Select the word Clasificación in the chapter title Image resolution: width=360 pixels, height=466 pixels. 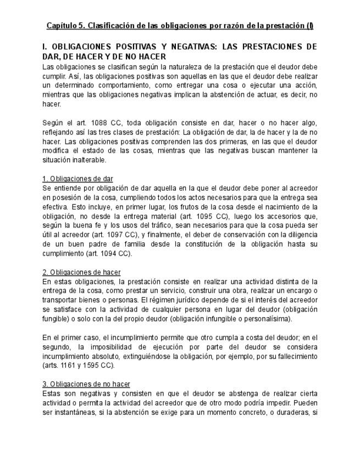click(x=110, y=26)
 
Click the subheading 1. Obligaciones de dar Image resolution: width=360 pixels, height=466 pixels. click(x=77, y=179)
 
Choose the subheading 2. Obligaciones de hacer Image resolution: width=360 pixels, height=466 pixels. click(x=81, y=272)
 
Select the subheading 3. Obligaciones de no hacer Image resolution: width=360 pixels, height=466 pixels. click(x=86, y=384)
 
